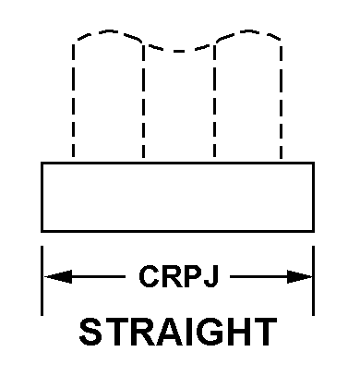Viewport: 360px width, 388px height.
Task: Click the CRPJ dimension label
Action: pyautogui.click(x=179, y=276)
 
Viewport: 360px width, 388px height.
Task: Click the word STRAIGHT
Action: pyautogui.click(x=178, y=333)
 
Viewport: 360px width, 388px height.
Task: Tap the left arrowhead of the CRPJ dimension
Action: pyautogui.click(x=58, y=276)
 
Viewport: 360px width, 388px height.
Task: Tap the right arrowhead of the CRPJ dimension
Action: pyautogui.click(x=300, y=276)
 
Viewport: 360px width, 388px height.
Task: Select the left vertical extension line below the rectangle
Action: pyautogui.click(x=42, y=281)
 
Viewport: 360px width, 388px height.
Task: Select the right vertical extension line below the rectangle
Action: pyautogui.click(x=313, y=281)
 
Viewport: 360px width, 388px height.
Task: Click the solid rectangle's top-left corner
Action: pyautogui.click(x=42, y=163)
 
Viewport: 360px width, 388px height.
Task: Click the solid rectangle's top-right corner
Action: pyautogui.click(x=314, y=163)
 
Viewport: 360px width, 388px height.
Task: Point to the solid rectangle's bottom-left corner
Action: pyautogui.click(x=42, y=231)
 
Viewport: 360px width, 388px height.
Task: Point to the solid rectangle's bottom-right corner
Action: pyautogui.click(x=314, y=231)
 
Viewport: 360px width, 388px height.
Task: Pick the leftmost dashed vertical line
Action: pyautogui.click(x=73, y=101)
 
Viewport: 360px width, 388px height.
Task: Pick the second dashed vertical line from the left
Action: pyautogui.click(x=144, y=101)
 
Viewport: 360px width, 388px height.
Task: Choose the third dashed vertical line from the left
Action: pyautogui.click(x=214, y=101)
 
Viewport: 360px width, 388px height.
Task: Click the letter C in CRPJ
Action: pyautogui.click(x=149, y=276)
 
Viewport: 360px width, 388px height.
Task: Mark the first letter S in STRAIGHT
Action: pyautogui.click(x=90, y=333)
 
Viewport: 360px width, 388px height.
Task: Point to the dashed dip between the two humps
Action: pyautogui.click(x=179, y=51)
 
